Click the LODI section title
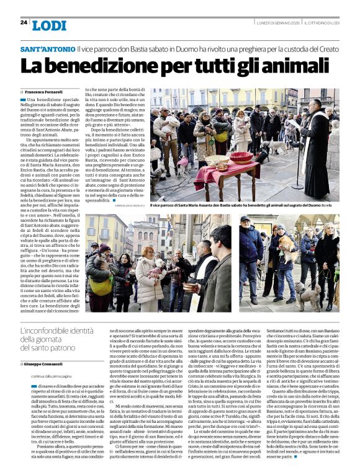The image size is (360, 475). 49,25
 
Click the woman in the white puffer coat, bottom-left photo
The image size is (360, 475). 143,273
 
